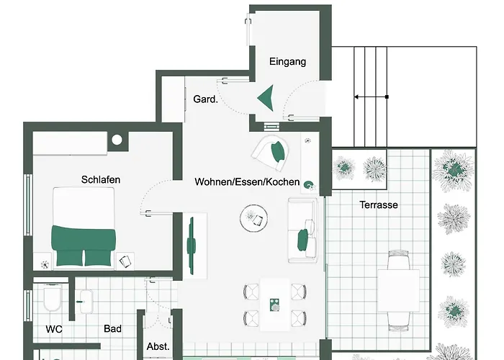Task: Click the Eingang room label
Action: click(287, 62)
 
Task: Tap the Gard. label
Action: click(205, 100)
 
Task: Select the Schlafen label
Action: click(100, 179)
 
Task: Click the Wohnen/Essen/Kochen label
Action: click(247, 182)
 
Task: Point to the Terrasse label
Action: click(379, 205)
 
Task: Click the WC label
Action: click(54, 329)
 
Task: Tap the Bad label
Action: click(112, 329)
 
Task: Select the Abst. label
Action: click(158, 346)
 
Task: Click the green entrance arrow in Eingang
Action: click(266, 98)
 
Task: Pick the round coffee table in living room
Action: click(254, 217)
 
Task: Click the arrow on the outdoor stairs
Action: click(371, 96)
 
